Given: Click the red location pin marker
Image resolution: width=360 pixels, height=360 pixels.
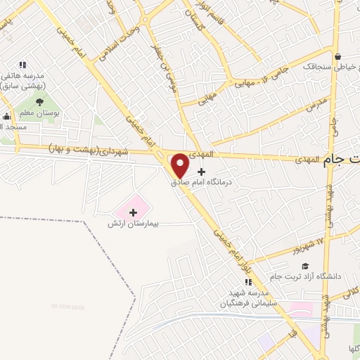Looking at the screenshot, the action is (x=180, y=166).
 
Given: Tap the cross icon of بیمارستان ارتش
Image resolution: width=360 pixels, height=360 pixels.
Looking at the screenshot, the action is (x=133, y=212).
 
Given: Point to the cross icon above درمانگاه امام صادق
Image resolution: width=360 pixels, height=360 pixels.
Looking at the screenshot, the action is (x=202, y=172).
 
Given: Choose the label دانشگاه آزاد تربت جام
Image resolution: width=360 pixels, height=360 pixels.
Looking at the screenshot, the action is (x=308, y=276).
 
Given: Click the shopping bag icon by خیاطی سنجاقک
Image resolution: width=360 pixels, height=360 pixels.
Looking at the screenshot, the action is (x=338, y=57).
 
